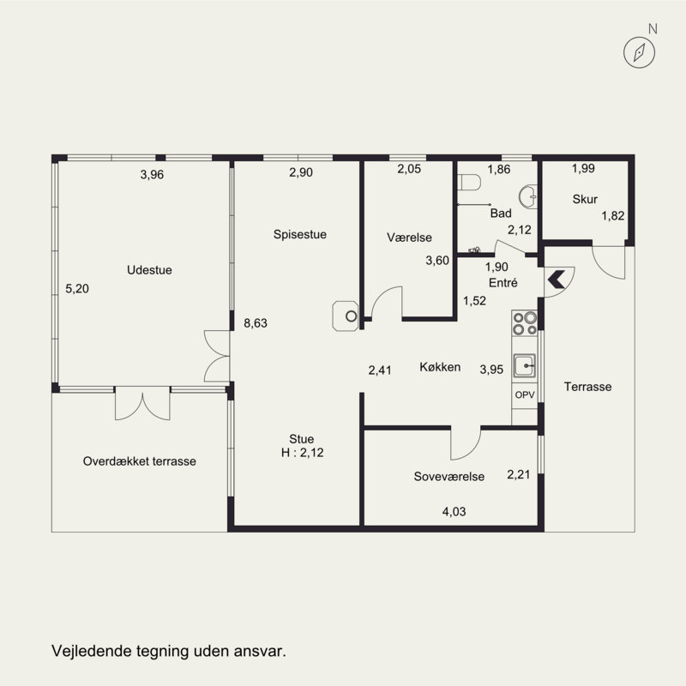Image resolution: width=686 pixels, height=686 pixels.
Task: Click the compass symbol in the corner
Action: [x=639, y=52]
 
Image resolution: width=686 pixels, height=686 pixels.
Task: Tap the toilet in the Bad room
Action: [x=469, y=183]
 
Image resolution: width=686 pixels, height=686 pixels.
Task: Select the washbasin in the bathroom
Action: [x=528, y=197]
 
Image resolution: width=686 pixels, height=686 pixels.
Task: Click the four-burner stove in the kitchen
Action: [x=525, y=323]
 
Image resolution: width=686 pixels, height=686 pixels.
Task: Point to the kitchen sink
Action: [x=524, y=366]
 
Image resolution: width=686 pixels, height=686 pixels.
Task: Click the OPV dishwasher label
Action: [x=525, y=394]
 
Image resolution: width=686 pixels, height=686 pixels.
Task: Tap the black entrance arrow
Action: [x=556, y=280]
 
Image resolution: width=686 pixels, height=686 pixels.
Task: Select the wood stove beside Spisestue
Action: [x=346, y=316]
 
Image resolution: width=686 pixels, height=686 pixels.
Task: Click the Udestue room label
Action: [x=149, y=270]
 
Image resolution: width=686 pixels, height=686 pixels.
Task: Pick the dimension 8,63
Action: [x=256, y=323]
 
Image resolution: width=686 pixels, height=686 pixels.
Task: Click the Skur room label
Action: [x=585, y=199]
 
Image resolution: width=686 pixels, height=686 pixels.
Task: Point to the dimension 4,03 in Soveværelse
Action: [x=454, y=511]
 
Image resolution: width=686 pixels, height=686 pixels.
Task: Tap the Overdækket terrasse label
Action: [x=140, y=461]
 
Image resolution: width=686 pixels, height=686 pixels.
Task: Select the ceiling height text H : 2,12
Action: [x=303, y=453]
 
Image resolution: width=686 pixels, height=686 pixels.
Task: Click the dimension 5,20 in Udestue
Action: [x=77, y=289]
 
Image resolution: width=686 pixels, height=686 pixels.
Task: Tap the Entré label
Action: [x=503, y=283]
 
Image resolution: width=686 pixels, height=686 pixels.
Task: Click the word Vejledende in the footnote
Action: [x=92, y=651]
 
